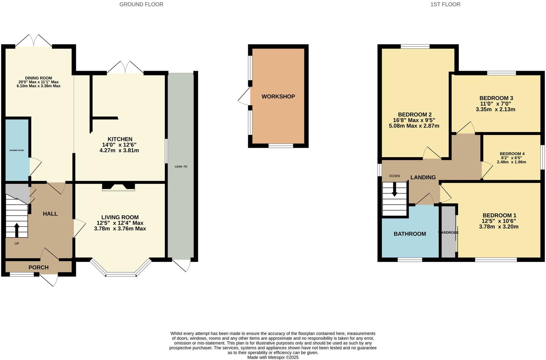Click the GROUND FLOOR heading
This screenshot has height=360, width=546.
click(x=141, y=4)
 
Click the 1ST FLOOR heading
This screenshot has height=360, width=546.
click(x=445, y=4)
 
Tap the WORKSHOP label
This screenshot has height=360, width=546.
click(x=278, y=97)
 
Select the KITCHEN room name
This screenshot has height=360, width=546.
click(x=120, y=139)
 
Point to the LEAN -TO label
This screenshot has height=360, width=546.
click(x=181, y=167)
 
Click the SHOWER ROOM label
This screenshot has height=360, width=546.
click(x=17, y=150)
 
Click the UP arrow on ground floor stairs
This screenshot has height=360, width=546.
click(x=17, y=230)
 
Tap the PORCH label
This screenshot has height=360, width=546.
click(x=39, y=267)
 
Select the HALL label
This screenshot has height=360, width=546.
click(x=50, y=214)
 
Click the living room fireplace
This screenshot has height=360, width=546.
click(x=119, y=187)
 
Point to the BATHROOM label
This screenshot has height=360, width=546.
click(x=410, y=234)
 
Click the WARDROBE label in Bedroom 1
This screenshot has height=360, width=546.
click(x=448, y=233)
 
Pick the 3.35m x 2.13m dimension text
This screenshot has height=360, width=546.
click(x=495, y=109)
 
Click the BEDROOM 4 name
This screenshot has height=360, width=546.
click(x=512, y=154)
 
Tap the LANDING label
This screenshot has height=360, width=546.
click(x=423, y=177)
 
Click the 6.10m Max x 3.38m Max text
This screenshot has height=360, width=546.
click(x=39, y=86)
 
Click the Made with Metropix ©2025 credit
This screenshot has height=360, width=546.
click(x=273, y=357)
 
